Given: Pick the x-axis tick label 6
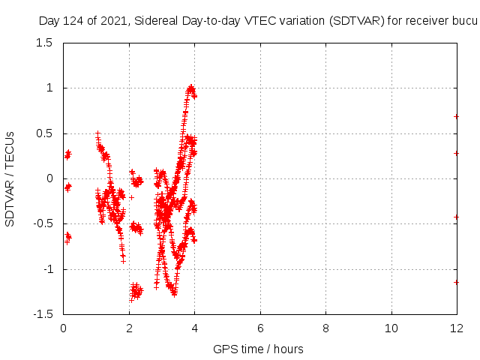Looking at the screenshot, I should tap(260, 328).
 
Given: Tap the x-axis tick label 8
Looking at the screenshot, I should tap(325, 328).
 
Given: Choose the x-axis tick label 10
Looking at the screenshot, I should tap(391, 328).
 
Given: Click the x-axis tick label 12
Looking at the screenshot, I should tap(457, 328).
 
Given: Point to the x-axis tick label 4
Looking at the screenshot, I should tap(194, 328).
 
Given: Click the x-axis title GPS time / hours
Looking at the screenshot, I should tap(258, 349).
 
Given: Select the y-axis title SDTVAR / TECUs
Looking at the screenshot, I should tap(10, 178).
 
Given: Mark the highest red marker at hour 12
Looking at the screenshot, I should tap(457, 116).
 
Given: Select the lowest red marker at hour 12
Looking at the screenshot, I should tap(457, 282).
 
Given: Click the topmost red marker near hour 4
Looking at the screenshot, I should tap(191, 87).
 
